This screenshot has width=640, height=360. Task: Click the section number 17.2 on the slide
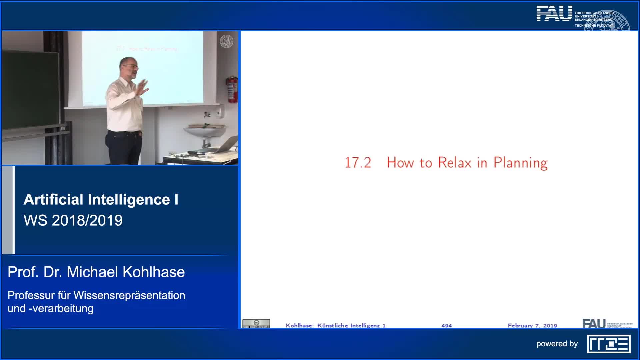point(358,163)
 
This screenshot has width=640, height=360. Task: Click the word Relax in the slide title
point(455,163)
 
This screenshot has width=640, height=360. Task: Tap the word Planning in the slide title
point(520,163)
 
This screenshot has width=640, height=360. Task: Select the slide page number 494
point(446,325)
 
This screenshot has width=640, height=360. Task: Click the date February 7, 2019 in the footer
point(532,325)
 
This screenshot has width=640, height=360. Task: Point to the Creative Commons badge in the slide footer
point(256,323)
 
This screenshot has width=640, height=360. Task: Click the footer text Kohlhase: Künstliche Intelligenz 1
point(335,325)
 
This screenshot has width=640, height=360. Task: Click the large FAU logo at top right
point(554,14)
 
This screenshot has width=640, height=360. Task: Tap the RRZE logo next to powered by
point(609,344)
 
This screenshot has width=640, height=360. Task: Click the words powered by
point(557,344)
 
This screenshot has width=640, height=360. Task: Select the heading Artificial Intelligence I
point(101,199)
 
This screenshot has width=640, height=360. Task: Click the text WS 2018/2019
point(73,220)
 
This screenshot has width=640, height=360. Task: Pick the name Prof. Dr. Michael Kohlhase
point(96,272)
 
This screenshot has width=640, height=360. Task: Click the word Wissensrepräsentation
point(129,295)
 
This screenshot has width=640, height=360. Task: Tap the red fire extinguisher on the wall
point(232,90)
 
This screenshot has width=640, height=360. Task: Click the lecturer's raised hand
point(144,88)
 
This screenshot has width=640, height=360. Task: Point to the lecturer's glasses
point(133,67)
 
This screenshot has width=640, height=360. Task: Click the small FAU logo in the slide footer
point(594,323)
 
